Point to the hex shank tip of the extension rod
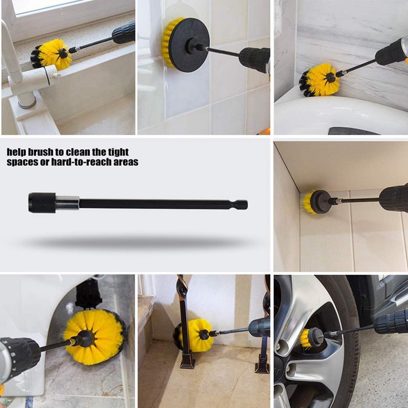coord(242,205)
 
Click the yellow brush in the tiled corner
coord(309,202)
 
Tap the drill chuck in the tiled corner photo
coord(393,198)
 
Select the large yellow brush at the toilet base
coord(95,337)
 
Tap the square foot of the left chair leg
coord(187,362)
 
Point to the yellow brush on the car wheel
coord(307,338)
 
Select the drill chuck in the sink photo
coord(124,33)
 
